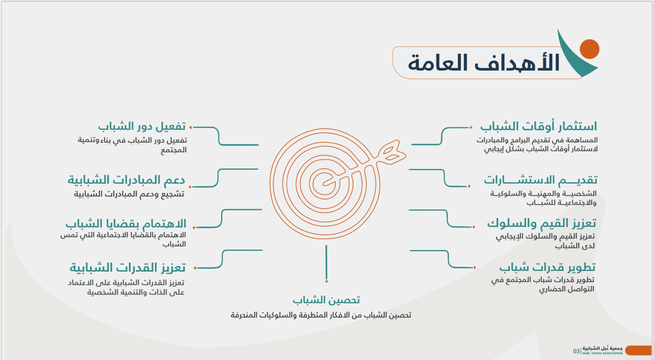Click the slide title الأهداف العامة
483,62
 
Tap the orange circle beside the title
589,49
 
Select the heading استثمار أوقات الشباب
539,127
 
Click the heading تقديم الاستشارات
540,180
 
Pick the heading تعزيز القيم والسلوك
541,223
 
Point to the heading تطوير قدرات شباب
547,267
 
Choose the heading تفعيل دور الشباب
142,127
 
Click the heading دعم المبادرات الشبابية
126,180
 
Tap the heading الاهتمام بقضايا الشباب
126,224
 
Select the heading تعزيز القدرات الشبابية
127,268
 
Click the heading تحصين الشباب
326,300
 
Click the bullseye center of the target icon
325,184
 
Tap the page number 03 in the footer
576,351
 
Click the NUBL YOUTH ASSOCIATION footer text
602,353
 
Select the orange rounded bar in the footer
639,350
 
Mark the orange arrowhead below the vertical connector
327,281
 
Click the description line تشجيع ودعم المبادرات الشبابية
129,194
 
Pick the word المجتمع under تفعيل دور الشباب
174,150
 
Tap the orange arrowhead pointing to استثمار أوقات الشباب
471,127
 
